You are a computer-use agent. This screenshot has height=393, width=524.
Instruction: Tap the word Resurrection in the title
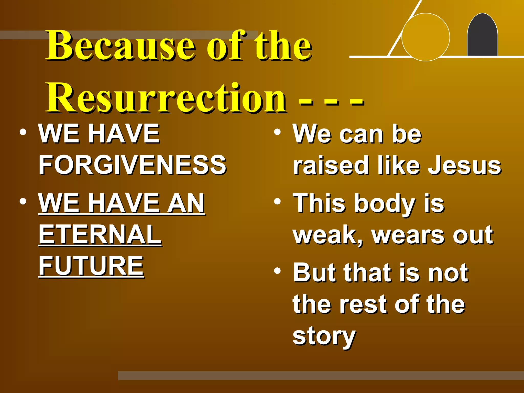pyautogui.click(x=166, y=99)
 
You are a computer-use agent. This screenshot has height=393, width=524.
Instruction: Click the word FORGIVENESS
pyautogui.click(x=132, y=165)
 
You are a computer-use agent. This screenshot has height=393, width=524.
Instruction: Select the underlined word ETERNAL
pyautogui.click(x=100, y=234)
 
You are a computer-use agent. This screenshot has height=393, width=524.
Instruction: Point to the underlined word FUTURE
pyautogui.click(x=91, y=266)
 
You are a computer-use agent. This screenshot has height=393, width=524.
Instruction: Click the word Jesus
pyautogui.click(x=464, y=166)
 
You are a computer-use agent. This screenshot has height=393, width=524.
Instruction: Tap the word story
pyautogui.click(x=324, y=336)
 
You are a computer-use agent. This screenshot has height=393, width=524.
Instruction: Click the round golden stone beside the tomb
pyautogui.click(x=425, y=37)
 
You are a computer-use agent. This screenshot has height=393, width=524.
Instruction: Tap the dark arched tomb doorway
pyautogui.click(x=482, y=36)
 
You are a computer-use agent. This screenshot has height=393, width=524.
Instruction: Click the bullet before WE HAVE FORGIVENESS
pyautogui.click(x=23, y=132)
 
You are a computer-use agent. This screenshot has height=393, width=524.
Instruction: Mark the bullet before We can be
pyautogui.click(x=277, y=132)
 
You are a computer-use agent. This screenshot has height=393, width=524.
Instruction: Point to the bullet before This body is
pyautogui.click(x=277, y=202)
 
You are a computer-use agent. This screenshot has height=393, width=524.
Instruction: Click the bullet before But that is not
pyautogui.click(x=277, y=271)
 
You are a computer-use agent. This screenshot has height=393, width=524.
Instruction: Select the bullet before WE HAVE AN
pyautogui.click(x=23, y=201)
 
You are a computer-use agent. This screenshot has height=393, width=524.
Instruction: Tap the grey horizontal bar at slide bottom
pyautogui.click(x=320, y=375)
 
